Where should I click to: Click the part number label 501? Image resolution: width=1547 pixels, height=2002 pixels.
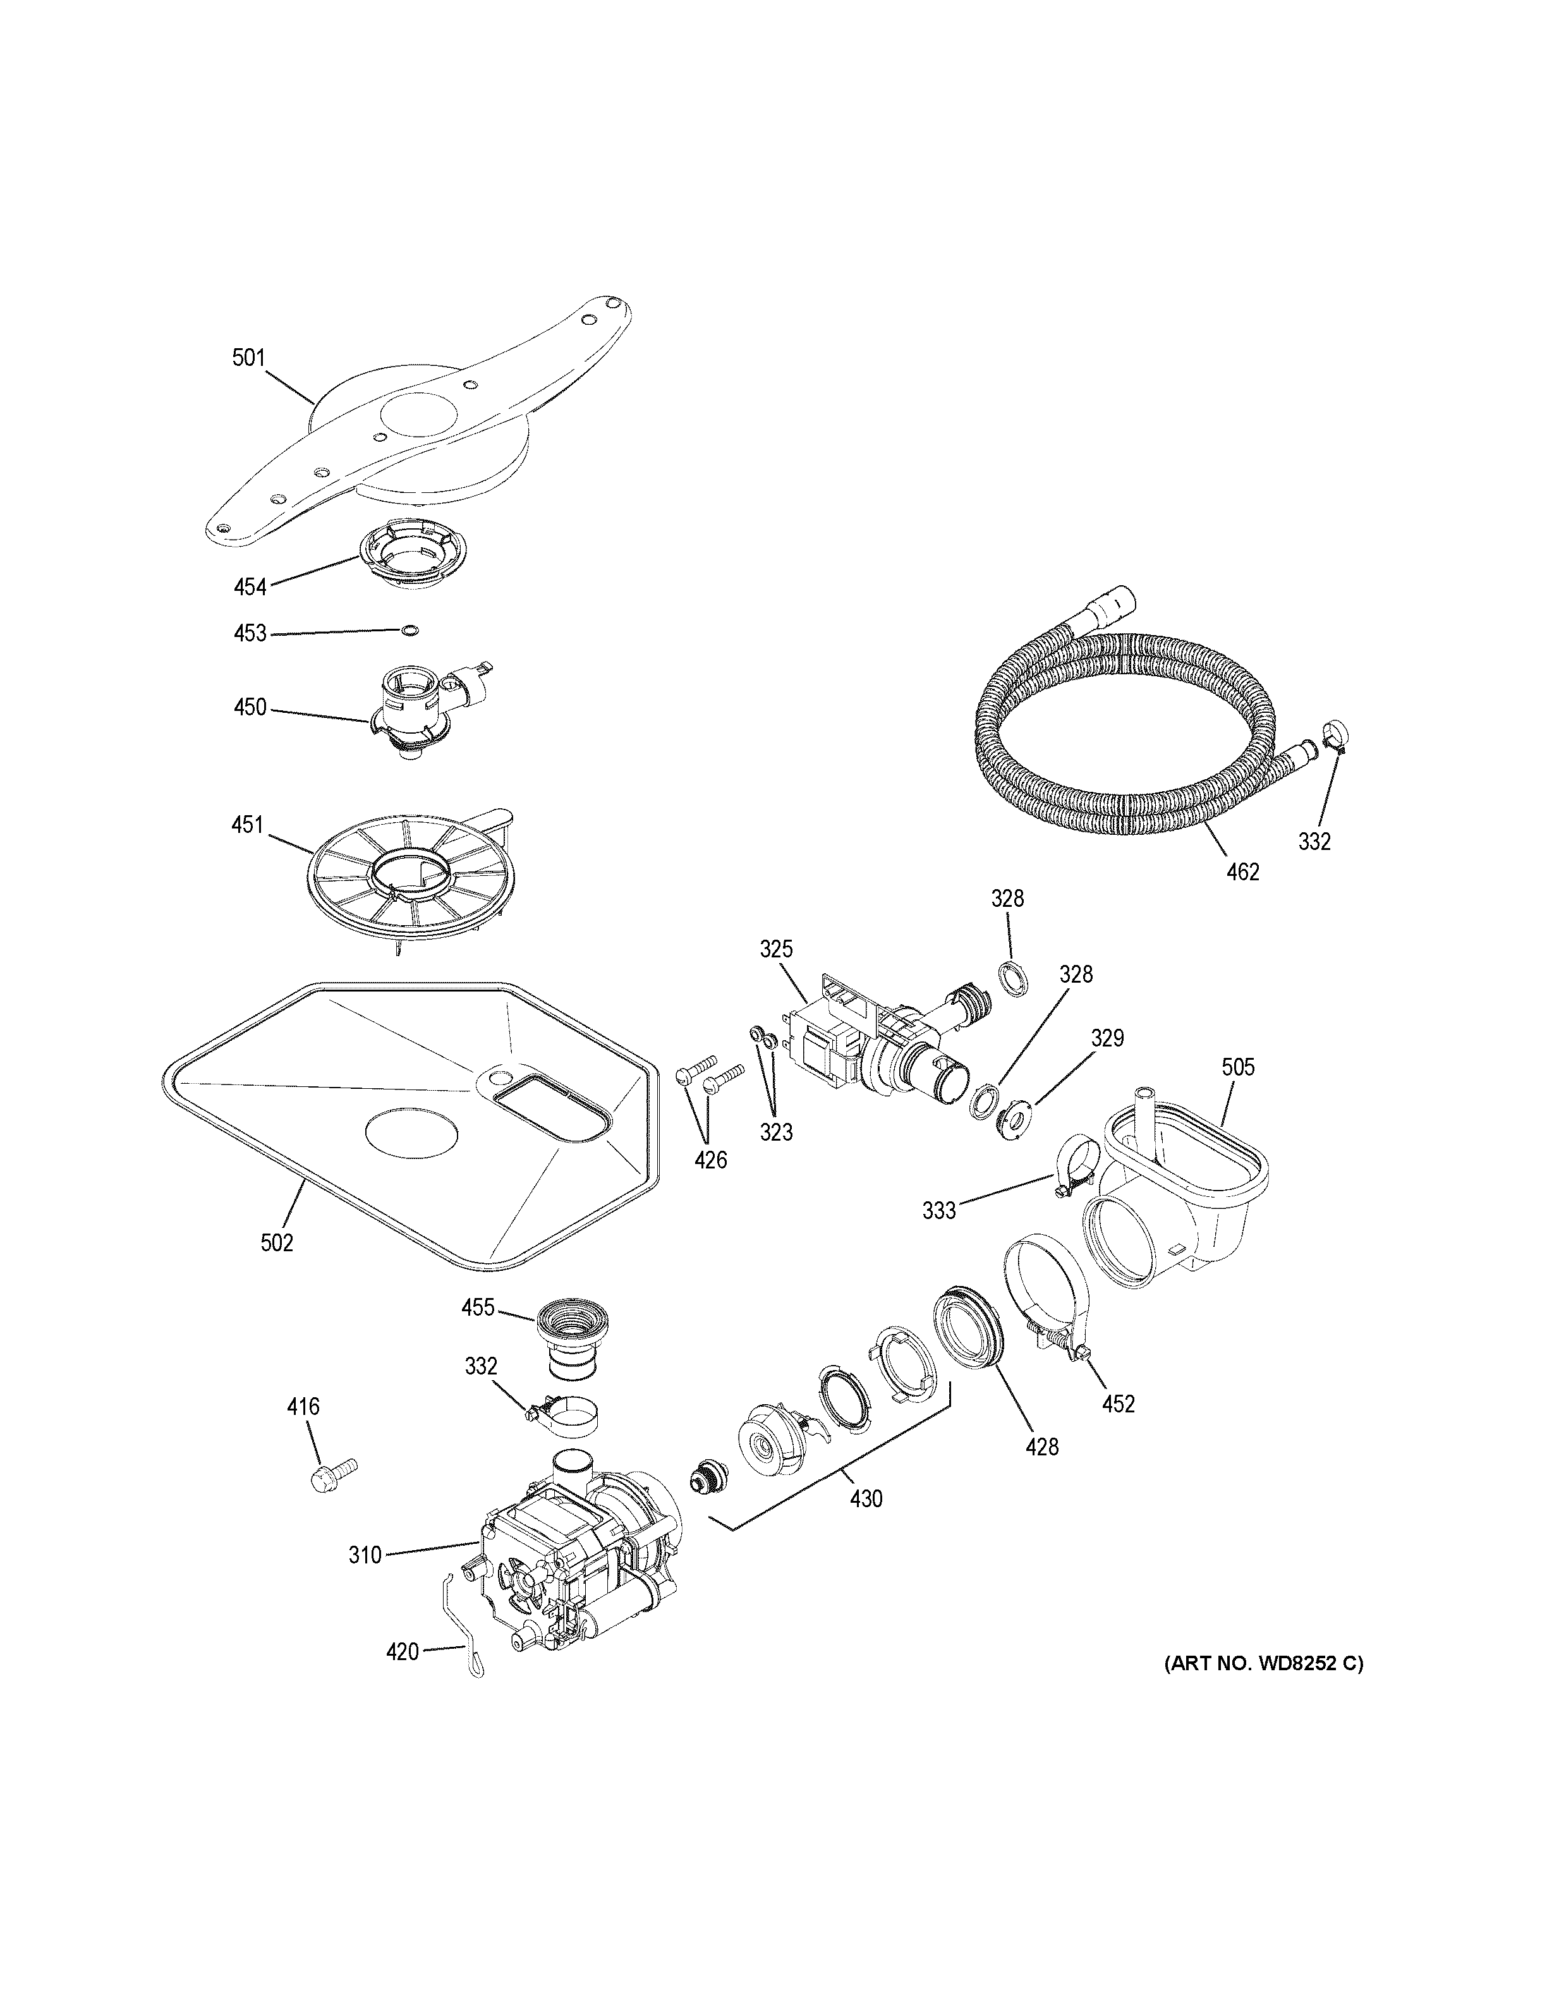[x=248, y=358]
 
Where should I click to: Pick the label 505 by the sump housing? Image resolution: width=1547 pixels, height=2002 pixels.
[x=1238, y=1067]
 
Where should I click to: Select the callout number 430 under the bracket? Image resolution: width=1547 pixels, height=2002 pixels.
[x=866, y=1499]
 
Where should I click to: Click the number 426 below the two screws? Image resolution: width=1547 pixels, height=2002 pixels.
[x=710, y=1160]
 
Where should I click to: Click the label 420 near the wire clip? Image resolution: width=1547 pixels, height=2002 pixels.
[x=403, y=1652]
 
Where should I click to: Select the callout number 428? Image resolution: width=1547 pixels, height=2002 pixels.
[x=1042, y=1447]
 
